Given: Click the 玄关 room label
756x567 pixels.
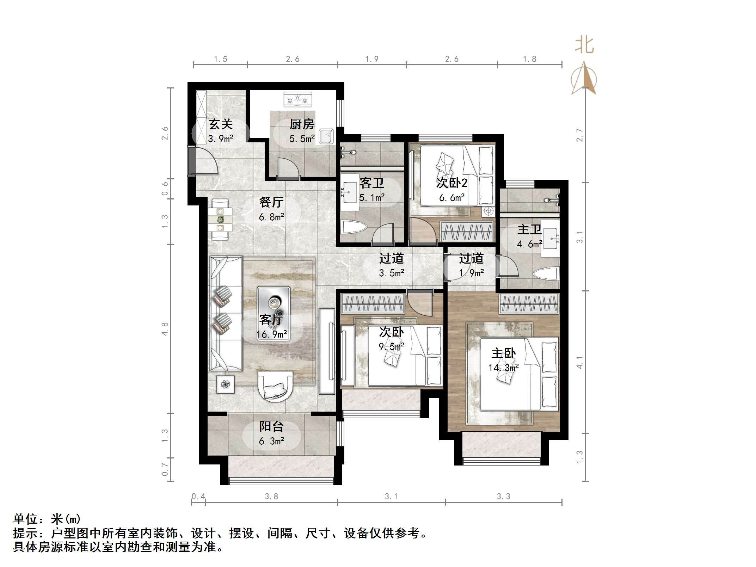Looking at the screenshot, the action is click(221, 124).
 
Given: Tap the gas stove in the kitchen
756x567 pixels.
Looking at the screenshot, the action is click(298, 99).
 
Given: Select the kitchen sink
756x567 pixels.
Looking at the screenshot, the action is click(326, 137).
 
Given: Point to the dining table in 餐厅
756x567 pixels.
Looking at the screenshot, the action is click(220, 220).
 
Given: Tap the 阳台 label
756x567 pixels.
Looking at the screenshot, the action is click(271, 427).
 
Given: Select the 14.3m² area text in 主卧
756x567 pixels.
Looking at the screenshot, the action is click(503, 368).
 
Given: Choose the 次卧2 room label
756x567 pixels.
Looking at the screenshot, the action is click(452, 183).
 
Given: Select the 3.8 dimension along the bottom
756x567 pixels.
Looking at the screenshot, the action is click(271, 497).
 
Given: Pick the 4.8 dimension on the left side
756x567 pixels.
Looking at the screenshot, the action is click(165, 329).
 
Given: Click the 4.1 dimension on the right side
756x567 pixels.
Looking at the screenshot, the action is click(580, 363).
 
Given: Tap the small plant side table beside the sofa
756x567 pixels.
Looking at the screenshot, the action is click(226, 384).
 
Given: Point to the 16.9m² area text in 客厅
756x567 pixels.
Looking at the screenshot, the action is click(272, 334).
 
